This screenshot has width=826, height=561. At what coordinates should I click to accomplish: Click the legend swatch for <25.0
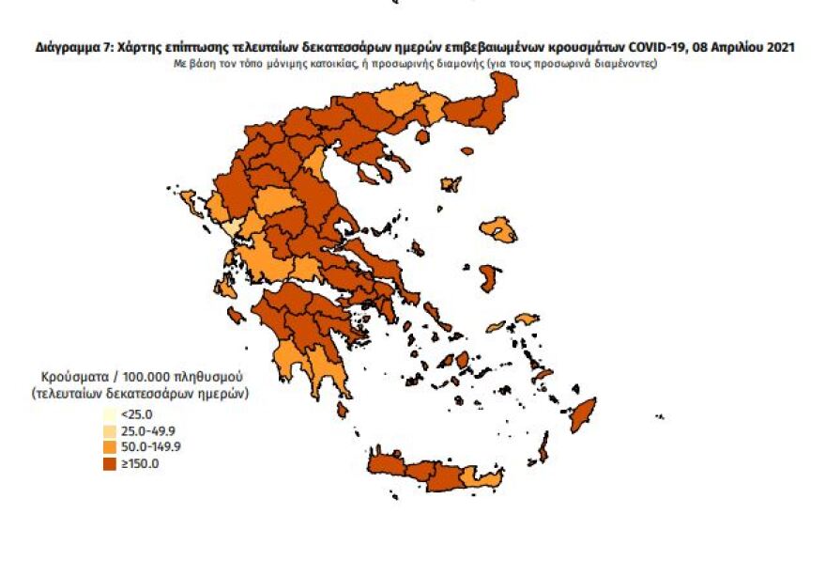point(108,413)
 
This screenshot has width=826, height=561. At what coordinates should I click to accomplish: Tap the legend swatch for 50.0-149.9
point(108,445)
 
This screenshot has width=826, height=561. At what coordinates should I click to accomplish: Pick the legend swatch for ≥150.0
point(108,461)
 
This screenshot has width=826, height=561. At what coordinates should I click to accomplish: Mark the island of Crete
point(422,476)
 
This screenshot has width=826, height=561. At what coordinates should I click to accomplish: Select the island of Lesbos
point(498,229)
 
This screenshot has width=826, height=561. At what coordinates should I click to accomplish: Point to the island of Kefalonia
point(226,286)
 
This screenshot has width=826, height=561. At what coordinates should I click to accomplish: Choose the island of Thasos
point(421,137)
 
